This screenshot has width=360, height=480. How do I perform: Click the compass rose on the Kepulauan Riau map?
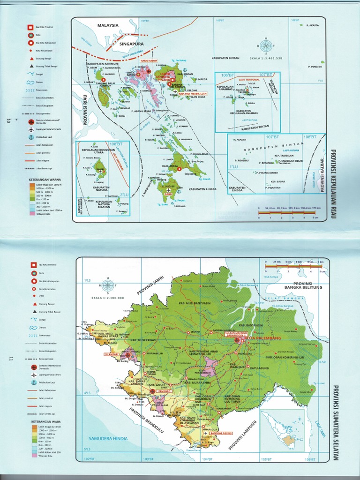tap(266, 45)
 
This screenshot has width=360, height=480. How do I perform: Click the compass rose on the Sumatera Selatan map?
tap(108, 285)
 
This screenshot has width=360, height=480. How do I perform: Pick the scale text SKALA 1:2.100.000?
tap(108, 298)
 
